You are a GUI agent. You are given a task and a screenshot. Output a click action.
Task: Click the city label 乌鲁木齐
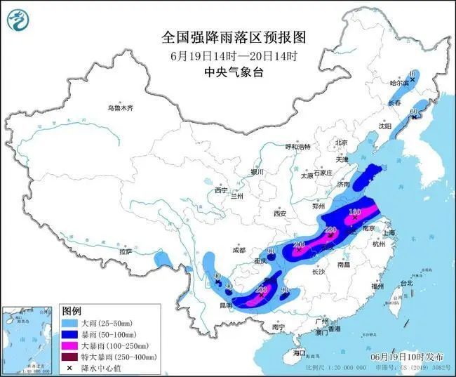click(x=120, y=108)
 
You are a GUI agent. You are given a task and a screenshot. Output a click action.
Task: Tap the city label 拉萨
click(x=126, y=251)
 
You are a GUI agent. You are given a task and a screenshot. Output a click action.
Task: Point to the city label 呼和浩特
click(x=297, y=147)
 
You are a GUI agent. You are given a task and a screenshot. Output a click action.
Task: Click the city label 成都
click(x=239, y=250)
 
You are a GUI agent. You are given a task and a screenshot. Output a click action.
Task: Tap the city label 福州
click(x=378, y=286)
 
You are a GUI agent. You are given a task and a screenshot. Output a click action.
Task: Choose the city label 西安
click(x=281, y=213)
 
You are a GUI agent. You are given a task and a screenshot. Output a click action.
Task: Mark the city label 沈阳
click(x=384, y=126)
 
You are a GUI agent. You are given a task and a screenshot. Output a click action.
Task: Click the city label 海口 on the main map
click(x=300, y=352)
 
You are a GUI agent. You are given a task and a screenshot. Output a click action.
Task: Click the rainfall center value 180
click(x=355, y=211)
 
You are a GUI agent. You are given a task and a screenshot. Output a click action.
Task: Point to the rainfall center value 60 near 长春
click(x=414, y=111)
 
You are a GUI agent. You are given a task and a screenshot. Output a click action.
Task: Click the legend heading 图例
click(x=72, y=310)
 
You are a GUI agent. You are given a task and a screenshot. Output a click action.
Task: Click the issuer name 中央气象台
click(x=228, y=72)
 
